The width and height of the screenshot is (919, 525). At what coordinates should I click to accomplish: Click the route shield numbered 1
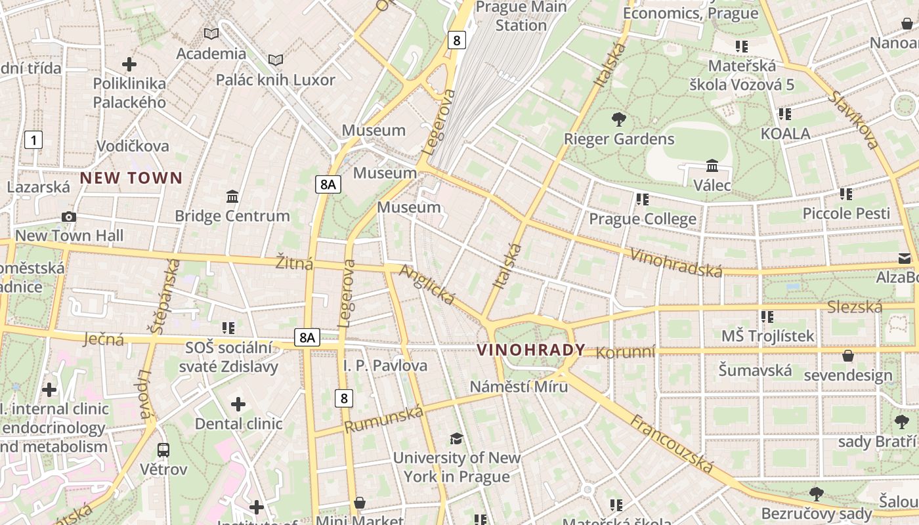[x=33, y=139]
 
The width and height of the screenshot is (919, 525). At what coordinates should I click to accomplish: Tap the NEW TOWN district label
[x=131, y=178]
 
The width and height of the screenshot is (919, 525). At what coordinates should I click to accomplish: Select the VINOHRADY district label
[x=530, y=350]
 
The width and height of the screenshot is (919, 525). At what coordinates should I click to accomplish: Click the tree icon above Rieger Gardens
[x=618, y=119]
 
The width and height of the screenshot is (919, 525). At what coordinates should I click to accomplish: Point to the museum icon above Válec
[x=712, y=165]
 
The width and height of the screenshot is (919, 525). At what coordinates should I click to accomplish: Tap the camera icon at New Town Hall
[x=68, y=217]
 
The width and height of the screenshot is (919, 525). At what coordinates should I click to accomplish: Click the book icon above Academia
[x=211, y=33]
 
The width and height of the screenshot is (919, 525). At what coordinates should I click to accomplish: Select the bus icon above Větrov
[x=163, y=450]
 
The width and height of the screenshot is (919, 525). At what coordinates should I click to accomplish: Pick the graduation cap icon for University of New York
[x=456, y=438]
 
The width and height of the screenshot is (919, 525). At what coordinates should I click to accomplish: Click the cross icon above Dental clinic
[x=238, y=404]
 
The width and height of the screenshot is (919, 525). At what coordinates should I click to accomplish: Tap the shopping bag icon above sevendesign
[x=848, y=356]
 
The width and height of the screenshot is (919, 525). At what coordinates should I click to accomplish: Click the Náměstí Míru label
[x=519, y=387]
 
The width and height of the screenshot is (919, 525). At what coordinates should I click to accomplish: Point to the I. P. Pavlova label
[x=385, y=366]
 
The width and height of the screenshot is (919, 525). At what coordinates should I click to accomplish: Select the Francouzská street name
[x=672, y=443]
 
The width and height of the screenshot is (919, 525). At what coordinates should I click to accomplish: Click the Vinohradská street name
[x=675, y=262]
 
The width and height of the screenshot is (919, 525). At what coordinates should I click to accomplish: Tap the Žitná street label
[x=294, y=263]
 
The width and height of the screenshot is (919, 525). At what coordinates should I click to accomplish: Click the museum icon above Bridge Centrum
[x=232, y=196]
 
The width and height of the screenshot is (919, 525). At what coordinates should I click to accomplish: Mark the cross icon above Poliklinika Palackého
[x=129, y=64]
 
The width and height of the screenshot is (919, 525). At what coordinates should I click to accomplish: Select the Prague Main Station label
[x=521, y=16]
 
